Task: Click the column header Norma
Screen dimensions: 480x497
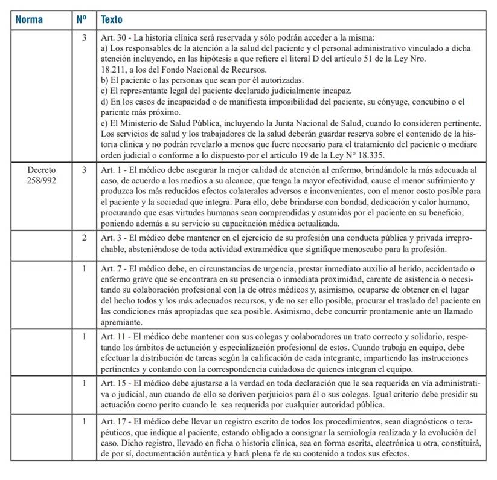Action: point(29,19)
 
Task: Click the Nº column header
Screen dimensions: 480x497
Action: point(82,19)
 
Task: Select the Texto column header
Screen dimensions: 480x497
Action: point(112,19)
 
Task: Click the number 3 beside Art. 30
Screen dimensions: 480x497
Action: point(84,37)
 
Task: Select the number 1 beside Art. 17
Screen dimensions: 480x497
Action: point(84,421)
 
